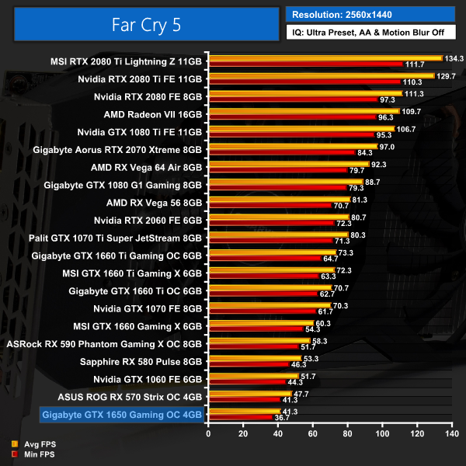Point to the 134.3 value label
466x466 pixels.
click(454, 57)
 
